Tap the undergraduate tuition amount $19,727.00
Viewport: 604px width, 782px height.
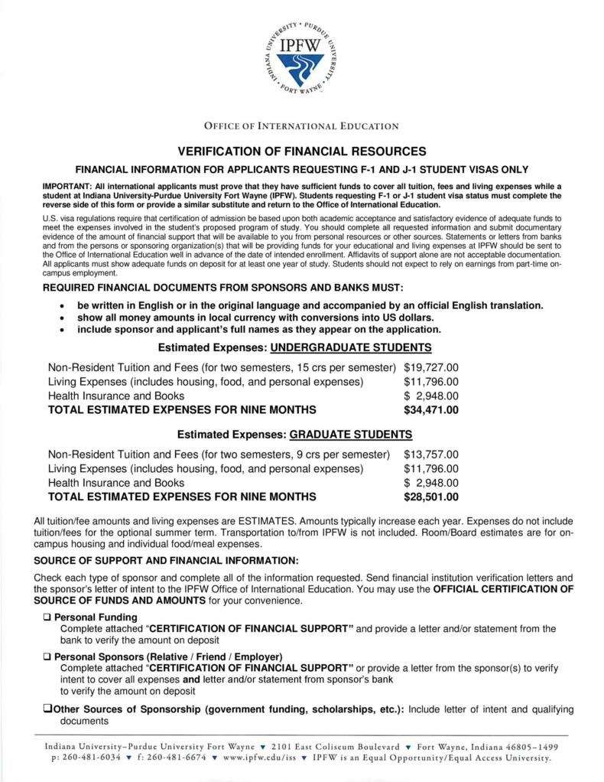(x=430, y=367)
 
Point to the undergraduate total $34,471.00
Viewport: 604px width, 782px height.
(x=430, y=410)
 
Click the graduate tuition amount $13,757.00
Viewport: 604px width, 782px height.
(x=430, y=454)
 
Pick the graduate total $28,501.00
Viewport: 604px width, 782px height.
(x=430, y=497)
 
